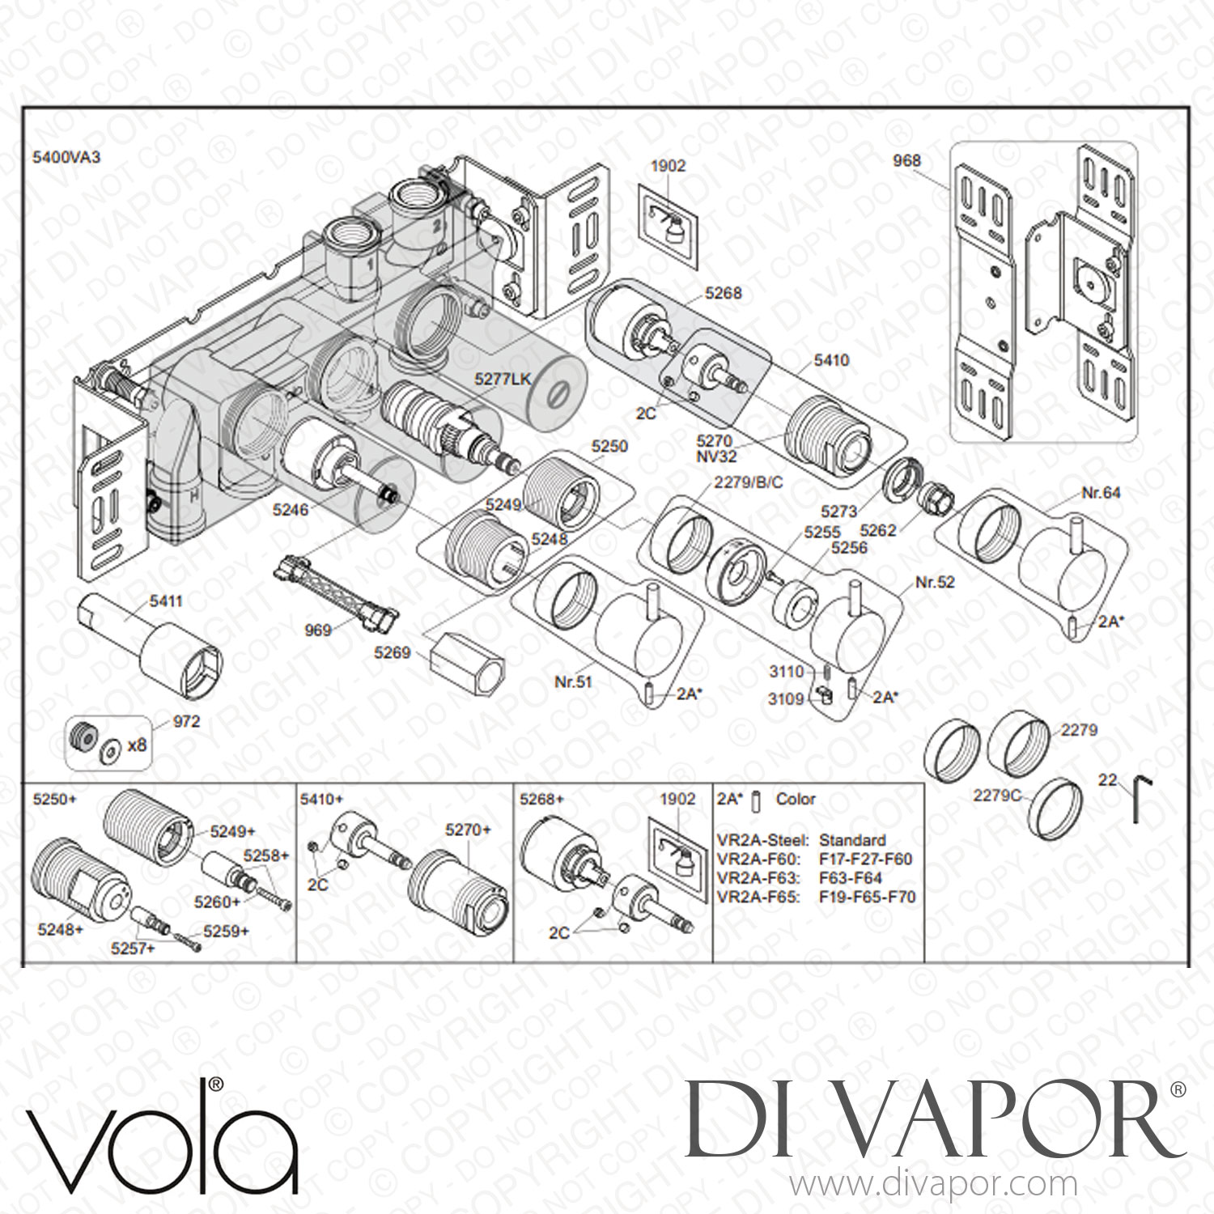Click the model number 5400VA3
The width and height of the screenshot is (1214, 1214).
coord(66,157)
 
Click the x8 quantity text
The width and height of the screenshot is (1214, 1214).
coord(138,744)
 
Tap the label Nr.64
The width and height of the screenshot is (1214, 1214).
coord(1101,492)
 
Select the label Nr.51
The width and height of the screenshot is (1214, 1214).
coord(573,681)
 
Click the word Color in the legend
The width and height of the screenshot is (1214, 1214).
coord(796,799)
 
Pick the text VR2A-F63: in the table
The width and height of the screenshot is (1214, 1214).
coord(758,878)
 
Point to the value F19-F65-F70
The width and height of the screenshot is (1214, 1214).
coord(867,897)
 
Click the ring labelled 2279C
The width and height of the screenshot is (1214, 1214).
coord(1055,807)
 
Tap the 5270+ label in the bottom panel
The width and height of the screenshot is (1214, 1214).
coord(469,830)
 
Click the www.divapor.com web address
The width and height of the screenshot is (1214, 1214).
coord(933,1184)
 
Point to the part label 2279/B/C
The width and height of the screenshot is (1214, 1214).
coord(749,482)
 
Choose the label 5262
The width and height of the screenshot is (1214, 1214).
coord(877,530)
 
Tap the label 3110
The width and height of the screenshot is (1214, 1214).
coord(787,671)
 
